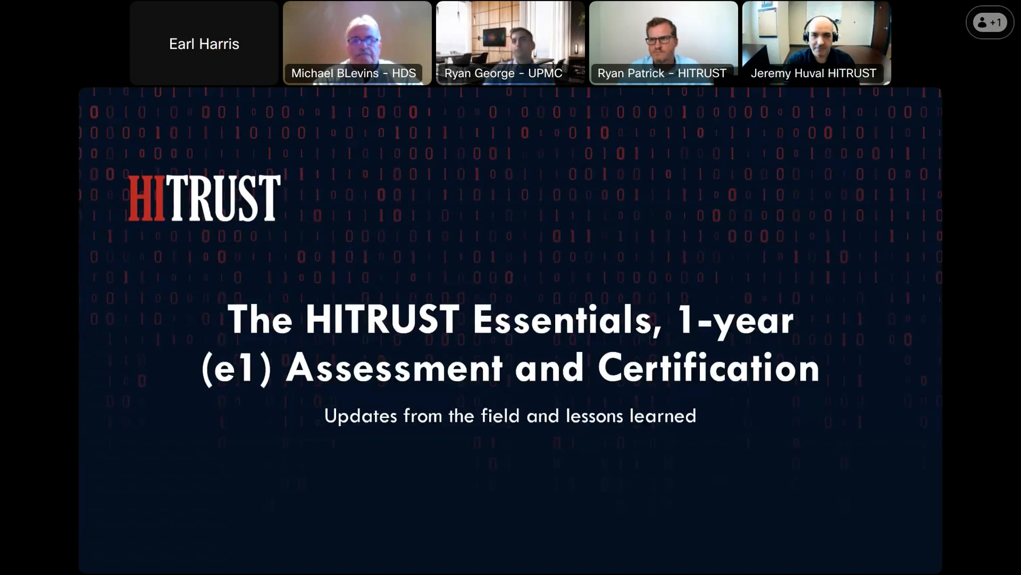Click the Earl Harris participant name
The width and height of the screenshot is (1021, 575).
204,44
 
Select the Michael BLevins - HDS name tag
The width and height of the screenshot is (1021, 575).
354,73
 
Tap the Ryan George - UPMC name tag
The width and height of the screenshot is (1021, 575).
503,73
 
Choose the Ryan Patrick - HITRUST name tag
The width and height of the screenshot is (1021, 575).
662,73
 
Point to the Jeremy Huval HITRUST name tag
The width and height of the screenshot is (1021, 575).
813,73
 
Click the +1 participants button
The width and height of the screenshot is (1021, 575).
990,23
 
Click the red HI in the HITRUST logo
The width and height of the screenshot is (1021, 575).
146,198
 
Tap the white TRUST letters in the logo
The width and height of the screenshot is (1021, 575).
223,198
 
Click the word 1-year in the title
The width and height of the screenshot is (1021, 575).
736,322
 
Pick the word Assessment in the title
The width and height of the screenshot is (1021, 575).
394,368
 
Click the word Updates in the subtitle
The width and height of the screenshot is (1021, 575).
360,416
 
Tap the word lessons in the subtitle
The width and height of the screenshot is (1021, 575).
594,416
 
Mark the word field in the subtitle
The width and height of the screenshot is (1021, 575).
500,416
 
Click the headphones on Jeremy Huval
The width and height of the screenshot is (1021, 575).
821,30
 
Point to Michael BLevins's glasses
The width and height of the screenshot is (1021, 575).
363,41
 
